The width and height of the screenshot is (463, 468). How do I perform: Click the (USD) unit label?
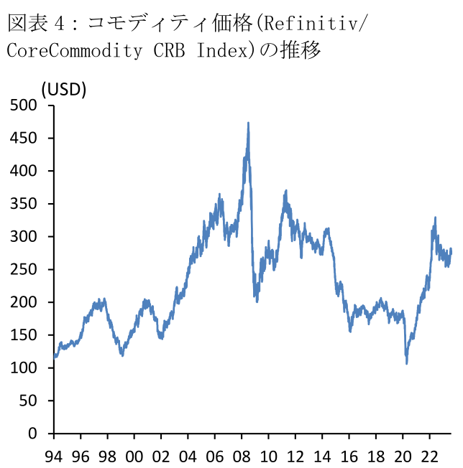(x=63, y=89)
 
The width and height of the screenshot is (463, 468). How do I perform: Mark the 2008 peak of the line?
(x=249, y=123)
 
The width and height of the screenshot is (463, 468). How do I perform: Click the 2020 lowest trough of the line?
(x=407, y=363)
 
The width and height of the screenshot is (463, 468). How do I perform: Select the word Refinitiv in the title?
(x=313, y=24)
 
